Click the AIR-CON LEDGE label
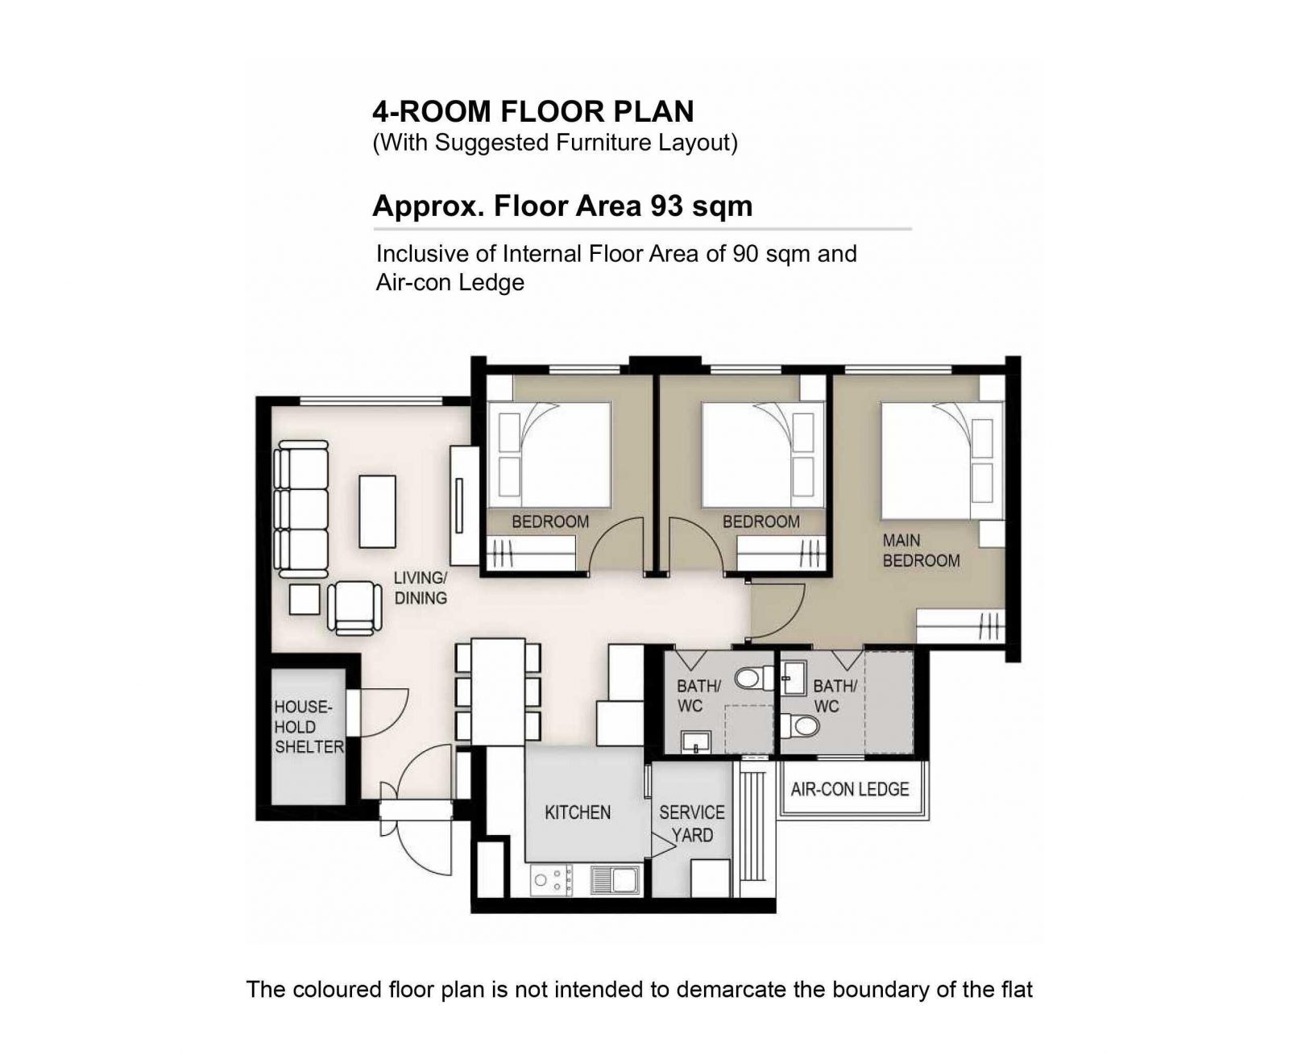[850, 789]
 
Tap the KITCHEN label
[578, 812]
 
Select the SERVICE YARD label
[692, 823]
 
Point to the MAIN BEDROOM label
[921, 550]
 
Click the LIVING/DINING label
[421, 588]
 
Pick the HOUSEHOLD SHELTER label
[309, 727]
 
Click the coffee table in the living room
[377, 511]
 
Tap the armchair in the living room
[354, 607]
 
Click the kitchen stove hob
[552, 881]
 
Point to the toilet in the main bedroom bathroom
[800, 726]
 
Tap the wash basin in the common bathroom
[695, 741]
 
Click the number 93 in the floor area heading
[665, 206]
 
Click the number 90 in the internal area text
[745, 253]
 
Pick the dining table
[498, 691]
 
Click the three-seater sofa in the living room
[301, 509]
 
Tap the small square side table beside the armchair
[305, 600]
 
